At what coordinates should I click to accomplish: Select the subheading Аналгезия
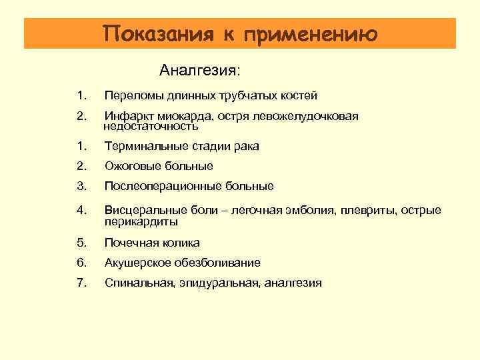point(199,70)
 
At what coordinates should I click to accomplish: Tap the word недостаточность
point(151,126)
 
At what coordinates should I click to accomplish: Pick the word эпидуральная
point(219,283)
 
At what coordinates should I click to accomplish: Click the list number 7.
point(81,283)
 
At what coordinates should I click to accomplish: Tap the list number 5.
point(81,243)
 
